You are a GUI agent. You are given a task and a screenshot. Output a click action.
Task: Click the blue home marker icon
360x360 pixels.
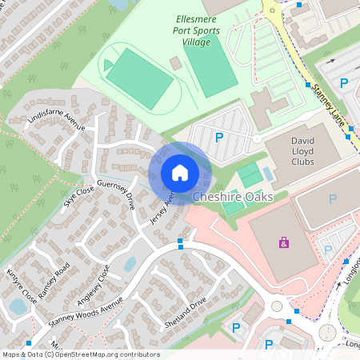click(180, 172)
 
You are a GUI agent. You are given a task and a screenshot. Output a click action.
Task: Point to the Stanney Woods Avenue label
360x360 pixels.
click(86, 310)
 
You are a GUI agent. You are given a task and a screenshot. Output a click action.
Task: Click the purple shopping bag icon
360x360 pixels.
click(283, 242)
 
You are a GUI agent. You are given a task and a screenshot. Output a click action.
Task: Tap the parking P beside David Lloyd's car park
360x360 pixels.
click(219, 138)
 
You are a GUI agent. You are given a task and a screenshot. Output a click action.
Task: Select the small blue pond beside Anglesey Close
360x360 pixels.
click(130, 263)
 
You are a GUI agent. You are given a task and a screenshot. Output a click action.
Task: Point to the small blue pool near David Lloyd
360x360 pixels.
click(268, 173)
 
